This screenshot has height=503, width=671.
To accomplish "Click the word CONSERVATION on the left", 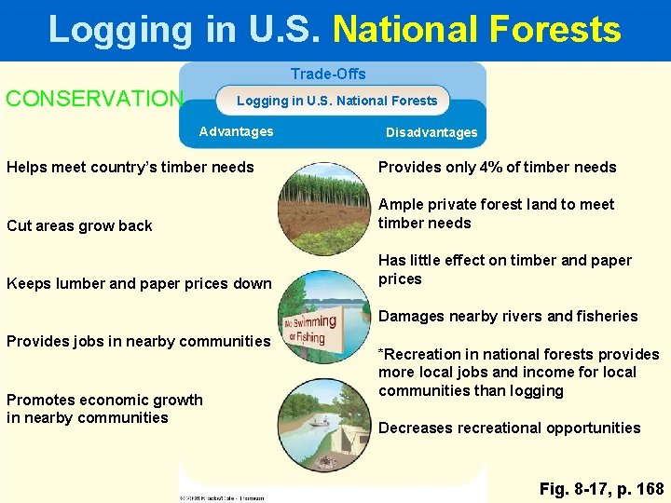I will pos(95,99).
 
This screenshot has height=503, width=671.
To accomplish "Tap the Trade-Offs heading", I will pos(328,74).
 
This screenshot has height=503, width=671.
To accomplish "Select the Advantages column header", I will pos(237,131).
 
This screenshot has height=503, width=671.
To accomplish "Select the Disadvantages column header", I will pos(431,132).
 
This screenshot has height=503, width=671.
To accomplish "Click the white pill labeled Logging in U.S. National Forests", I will pos(336,101).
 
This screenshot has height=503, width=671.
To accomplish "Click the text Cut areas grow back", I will pos(79,225).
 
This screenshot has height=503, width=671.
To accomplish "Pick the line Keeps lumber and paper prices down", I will pos(139,283).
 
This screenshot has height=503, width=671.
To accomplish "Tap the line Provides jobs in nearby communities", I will pos(138,341).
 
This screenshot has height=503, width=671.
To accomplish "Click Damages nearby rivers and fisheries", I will pos(508,316).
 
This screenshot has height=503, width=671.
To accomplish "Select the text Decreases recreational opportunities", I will pos(509,428).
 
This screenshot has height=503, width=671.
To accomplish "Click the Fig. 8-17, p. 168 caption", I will pos(602,488).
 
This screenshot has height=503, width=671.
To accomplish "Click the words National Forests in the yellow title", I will pos(476,30).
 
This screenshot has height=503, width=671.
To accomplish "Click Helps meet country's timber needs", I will pos(130,168).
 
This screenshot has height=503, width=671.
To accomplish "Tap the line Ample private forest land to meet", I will pos(496,204).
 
